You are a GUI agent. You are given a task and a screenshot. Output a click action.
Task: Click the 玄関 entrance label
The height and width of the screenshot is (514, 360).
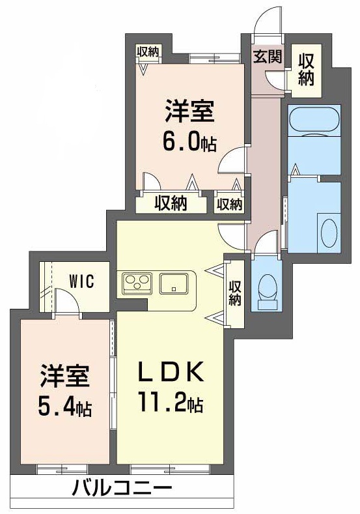point(267,57)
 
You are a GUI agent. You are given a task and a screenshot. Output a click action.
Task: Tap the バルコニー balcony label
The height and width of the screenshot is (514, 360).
point(122,487)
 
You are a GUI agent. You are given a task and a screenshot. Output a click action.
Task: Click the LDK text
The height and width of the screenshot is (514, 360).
point(171,372)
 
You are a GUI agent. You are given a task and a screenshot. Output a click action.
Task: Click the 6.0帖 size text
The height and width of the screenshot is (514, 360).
point(189,141)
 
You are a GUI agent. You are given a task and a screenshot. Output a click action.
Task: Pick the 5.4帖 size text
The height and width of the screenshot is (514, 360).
point(64,408)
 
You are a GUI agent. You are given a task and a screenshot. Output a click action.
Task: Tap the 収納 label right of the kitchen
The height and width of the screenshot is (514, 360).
point(235,291)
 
